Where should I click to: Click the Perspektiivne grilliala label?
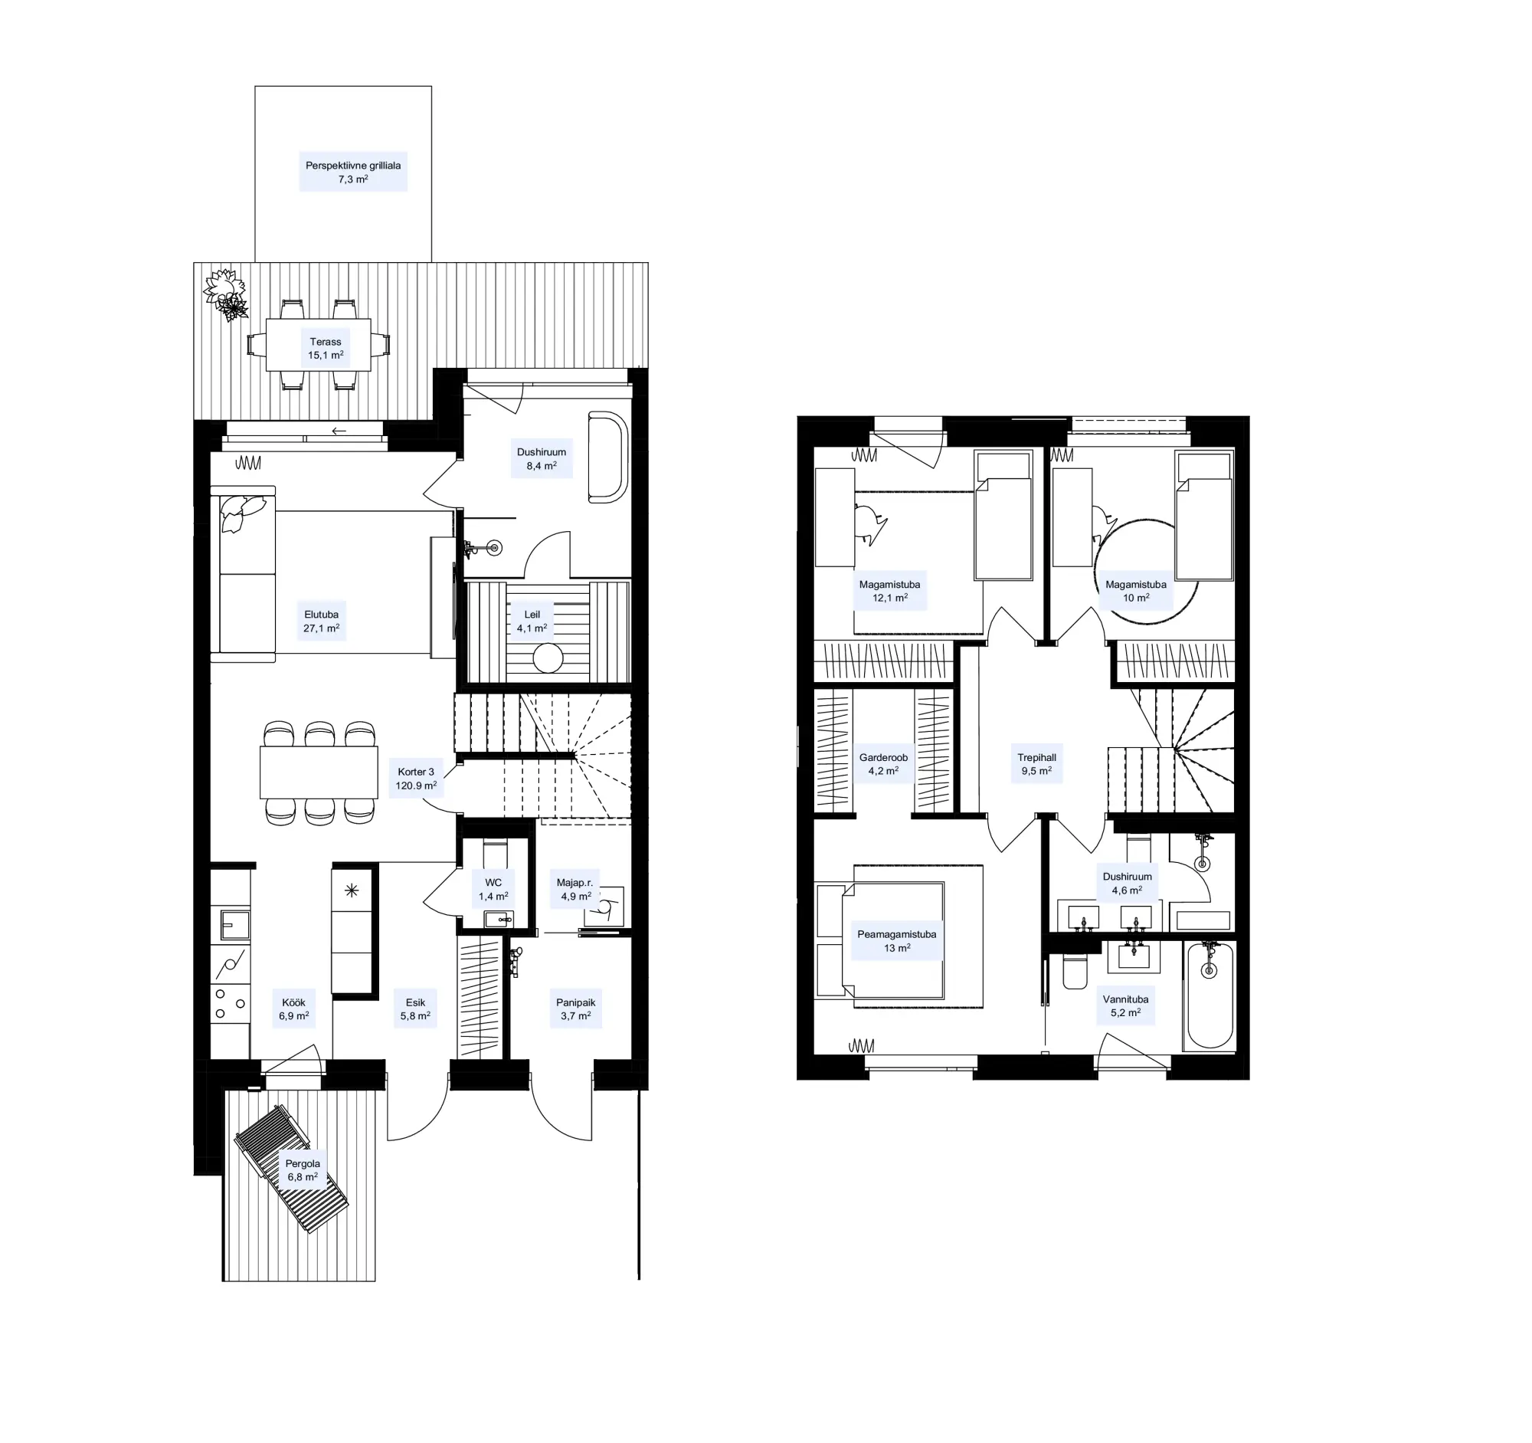353,172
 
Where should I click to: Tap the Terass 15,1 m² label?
326,349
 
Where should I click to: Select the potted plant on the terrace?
226,294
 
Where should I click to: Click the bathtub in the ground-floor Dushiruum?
608,457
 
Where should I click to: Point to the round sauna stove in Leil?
548,659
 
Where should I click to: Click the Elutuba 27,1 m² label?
322,621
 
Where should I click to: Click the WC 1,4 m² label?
493,890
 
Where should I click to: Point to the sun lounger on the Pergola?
291,1169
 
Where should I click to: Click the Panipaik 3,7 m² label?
576,1009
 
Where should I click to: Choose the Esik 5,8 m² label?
415,1009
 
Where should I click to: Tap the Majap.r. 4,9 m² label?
576,890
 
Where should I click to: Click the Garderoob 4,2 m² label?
883,764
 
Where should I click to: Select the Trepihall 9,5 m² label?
1036,764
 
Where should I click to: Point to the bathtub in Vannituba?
1209,995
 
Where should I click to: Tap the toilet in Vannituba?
1074,971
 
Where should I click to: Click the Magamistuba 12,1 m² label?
889,592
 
